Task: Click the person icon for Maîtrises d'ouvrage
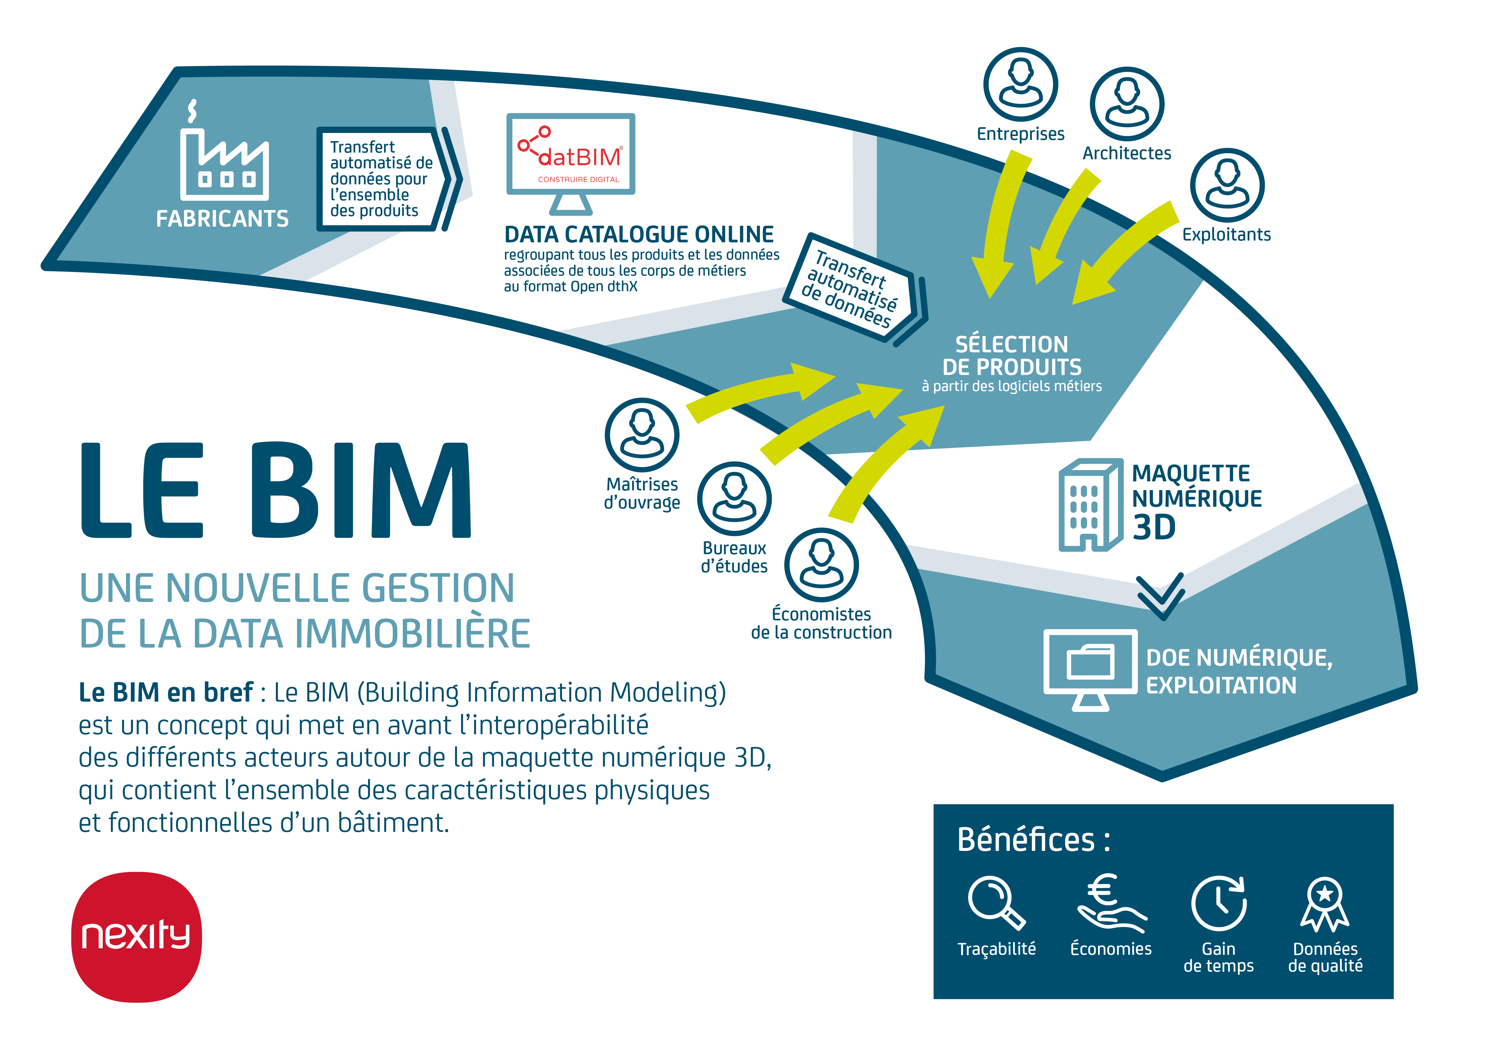click(x=642, y=435)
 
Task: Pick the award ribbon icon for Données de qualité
click(x=1325, y=904)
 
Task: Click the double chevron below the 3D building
click(x=1160, y=596)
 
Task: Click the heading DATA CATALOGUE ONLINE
click(x=638, y=234)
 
